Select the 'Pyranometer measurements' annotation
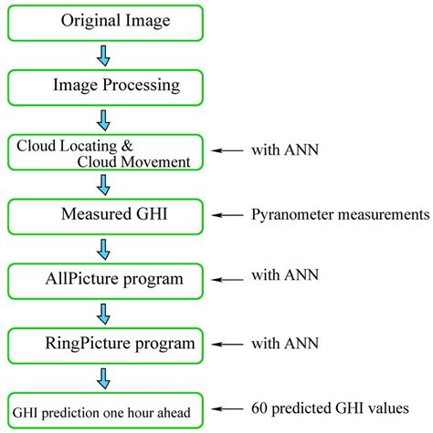tap(339, 215)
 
